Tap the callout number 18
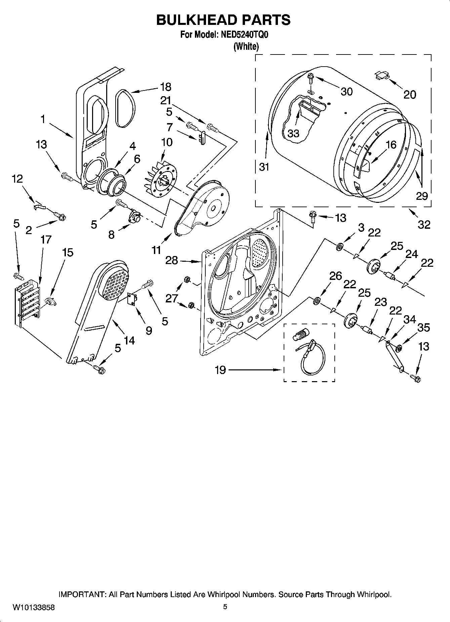pos(165,87)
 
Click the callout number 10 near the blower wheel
pos(167,142)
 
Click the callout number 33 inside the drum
pos(293,134)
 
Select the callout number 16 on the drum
pos(391,145)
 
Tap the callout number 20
pos(409,95)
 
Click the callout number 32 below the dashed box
pos(424,224)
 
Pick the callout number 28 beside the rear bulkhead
pos(172,260)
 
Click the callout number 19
pos(220,371)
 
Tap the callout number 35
pos(423,327)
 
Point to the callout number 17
pos(46,240)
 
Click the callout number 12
pos(17,179)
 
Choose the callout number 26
pos(335,276)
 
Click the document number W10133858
pos(34,608)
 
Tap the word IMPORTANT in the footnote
pos(82,594)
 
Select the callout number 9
pos(149,330)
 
